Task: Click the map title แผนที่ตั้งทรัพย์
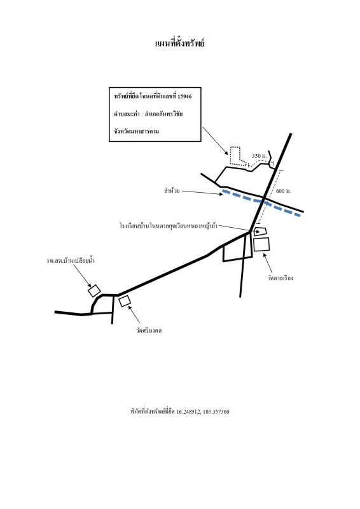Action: tap(180, 43)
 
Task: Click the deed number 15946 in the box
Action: tap(184, 97)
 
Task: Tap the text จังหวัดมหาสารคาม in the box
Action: tap(136, 132)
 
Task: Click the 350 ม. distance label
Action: tap(260, 156)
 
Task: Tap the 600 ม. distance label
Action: tap(284, 191)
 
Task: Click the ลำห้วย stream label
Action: tap(172, 191)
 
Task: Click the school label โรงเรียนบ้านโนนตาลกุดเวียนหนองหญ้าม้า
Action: tap(169, 226)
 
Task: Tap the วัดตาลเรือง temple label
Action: tap(280, 278)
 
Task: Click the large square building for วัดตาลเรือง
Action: tap(261, 244)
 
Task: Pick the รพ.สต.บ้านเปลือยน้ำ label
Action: tap(71, 260)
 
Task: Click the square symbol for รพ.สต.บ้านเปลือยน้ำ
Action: tap(95, 291)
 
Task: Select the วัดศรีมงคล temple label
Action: tap(149, 330)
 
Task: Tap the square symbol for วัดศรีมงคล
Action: tap(125, 301)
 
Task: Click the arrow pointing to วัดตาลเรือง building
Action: tap(268, 263)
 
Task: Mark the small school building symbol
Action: tap(260, 232)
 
